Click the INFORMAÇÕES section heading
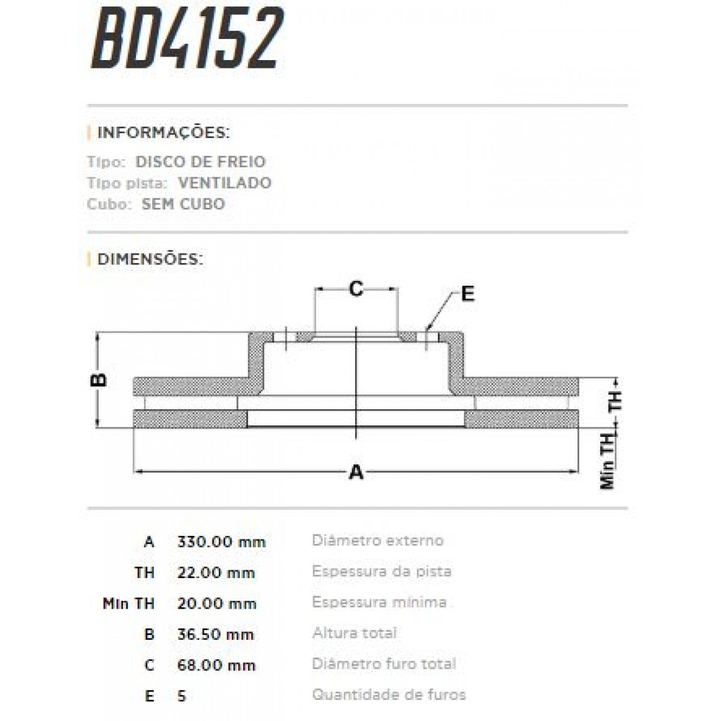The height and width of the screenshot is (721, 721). (163, 132)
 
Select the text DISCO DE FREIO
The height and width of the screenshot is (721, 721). (201, 162)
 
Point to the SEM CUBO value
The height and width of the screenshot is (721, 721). (183, 204)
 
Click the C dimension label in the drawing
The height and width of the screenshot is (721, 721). (356, 290)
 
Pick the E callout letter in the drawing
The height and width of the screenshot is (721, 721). (467, 294)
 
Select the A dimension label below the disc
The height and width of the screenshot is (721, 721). (356, 472)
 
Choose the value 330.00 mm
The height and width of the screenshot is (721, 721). (221, 541)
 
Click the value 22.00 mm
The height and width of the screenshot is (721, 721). (216, 573)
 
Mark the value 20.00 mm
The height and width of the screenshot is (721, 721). (217, 603)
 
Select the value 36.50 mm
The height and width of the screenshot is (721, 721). (216, 634)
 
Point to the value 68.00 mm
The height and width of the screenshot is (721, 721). (217, 665)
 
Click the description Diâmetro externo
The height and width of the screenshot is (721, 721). (377, 540)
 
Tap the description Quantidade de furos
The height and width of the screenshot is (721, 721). (389, 695)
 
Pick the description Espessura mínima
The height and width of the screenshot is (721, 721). (379, 602)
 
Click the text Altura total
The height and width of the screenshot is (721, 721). (354, 633)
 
